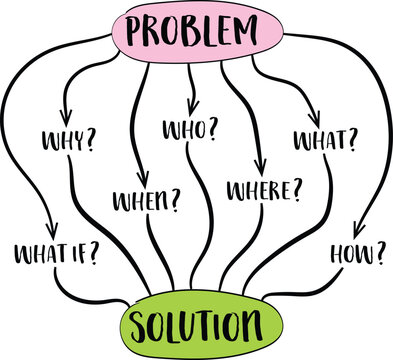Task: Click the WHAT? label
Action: [323, 141]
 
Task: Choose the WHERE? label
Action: [265, 187]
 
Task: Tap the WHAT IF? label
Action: [57, 252]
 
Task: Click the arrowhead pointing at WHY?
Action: [67, 112]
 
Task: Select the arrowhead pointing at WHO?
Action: [193, 105]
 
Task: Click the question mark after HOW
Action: [379, 255]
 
